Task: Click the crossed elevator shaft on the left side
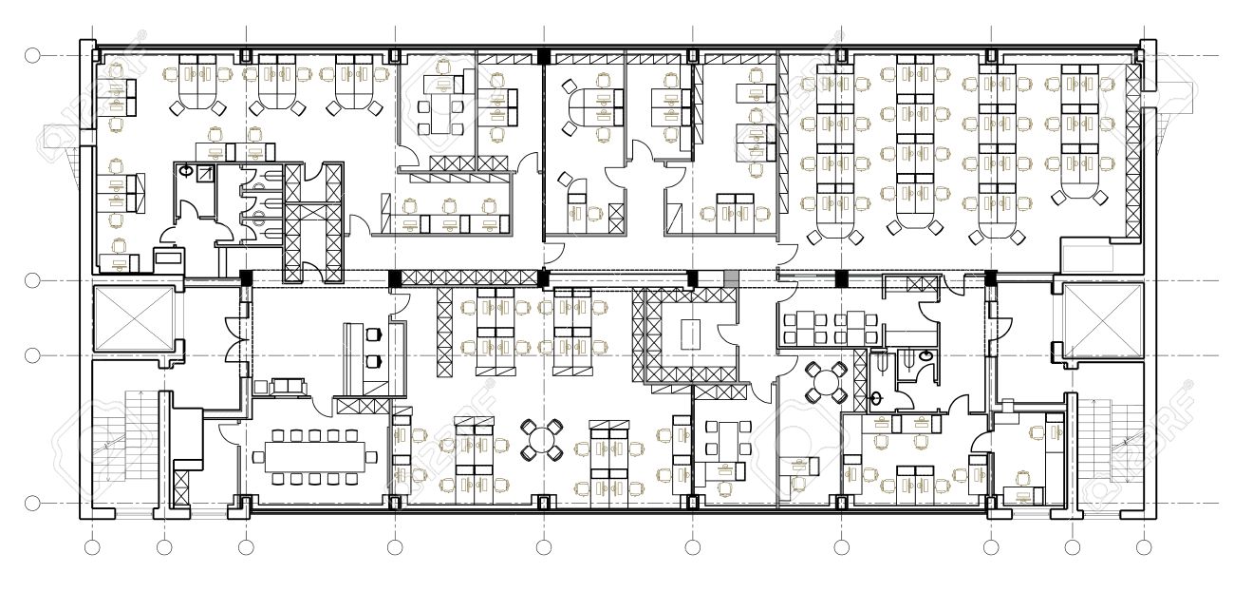pyautogui.click(x=133, y=318)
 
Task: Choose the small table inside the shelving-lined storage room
pyautogui.click(x=690, y=333)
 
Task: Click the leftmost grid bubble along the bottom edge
pyautogui.click(x=92, y=547)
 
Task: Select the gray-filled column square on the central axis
pyautogui.click(x=731, y=277)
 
